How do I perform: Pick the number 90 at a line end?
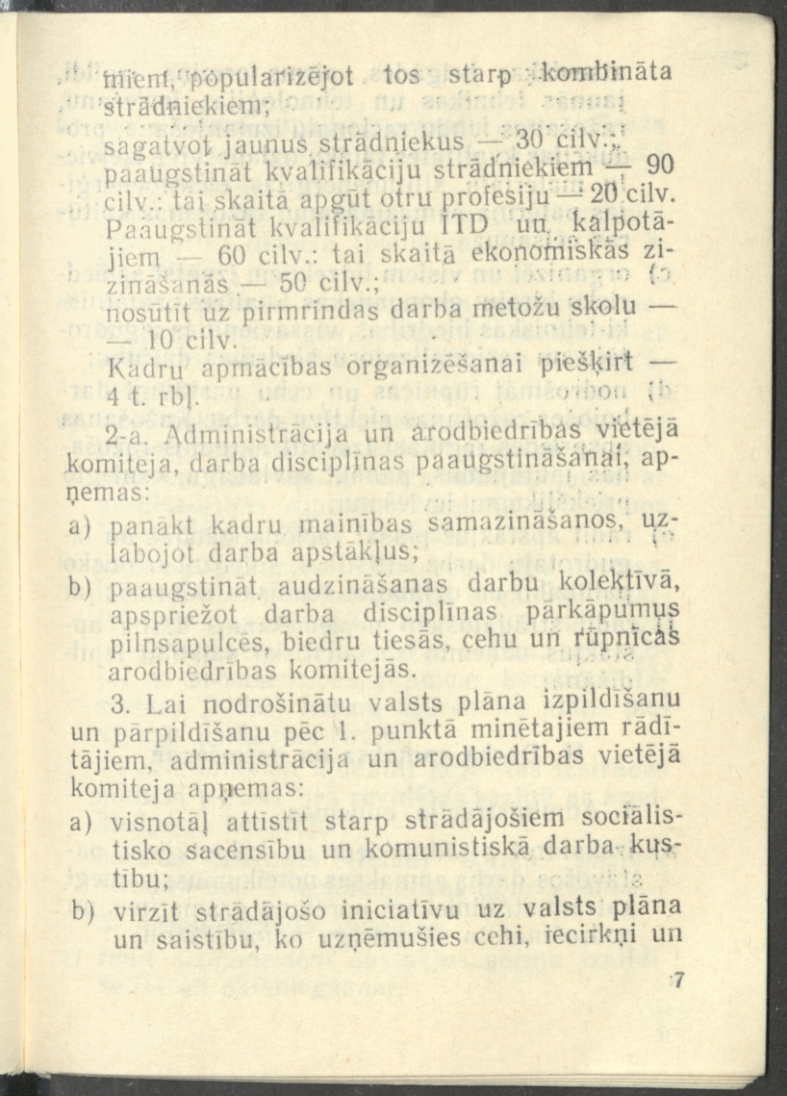(x=657, y=164)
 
